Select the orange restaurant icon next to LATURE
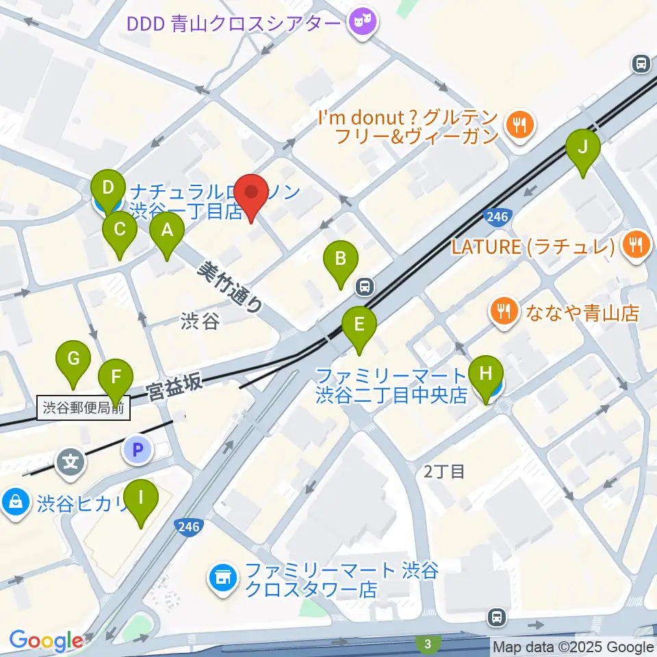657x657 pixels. coord(636,245)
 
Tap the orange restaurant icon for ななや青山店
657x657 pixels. coord(505,312)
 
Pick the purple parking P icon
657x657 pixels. coord(136,450)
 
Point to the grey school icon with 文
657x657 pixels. coord(70,462)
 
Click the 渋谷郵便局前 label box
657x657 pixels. coord(83,409)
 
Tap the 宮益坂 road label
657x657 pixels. coord(175,387)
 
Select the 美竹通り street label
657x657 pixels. coord(229,287)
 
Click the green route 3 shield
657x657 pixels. coord(428,643)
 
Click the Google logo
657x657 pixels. coord(46,641)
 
